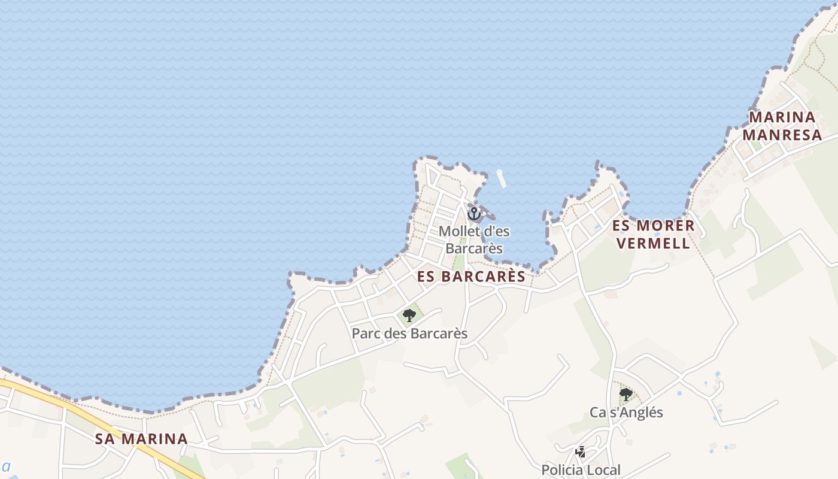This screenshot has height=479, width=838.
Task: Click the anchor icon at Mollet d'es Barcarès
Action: [x=474, y=213]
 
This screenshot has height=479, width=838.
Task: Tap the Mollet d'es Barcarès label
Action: [x=474, y=239]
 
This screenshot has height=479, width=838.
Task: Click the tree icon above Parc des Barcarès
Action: [x=409, y=315]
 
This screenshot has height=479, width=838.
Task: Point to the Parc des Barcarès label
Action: [x=409, y=334]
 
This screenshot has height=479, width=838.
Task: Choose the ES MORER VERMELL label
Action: [x=654, y=234]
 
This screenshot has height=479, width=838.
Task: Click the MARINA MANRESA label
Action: [x=782, y=126]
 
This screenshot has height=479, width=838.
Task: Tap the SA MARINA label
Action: [x=141, y=439]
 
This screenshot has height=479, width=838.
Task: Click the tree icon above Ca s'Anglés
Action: [x=626, y=394]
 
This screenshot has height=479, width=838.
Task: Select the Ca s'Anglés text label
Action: [x=626, y=413]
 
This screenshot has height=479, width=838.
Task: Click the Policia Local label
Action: [x=581, y=470]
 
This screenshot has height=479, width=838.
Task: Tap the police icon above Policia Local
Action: [x=580, y=452]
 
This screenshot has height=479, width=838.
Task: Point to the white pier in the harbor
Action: [x=501, y=178]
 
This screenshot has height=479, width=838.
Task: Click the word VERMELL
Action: [x=654, y=243]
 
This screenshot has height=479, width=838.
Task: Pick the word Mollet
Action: [x=459, y=231]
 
